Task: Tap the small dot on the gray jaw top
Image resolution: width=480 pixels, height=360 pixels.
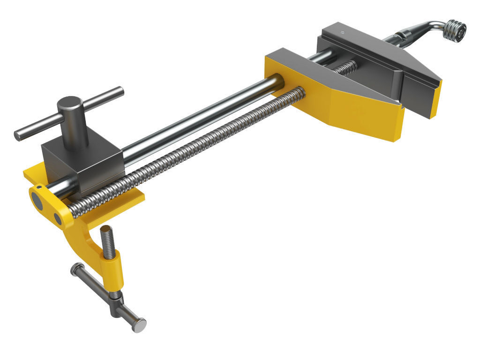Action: click(x=343, y=33)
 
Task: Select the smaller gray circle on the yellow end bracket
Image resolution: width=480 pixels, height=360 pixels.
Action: click(x=58, y=218)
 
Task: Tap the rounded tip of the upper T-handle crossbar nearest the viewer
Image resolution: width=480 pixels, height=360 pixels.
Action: click(x=18, y=135)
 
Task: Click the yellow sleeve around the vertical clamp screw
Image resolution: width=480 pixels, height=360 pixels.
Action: click(x=114, y=270)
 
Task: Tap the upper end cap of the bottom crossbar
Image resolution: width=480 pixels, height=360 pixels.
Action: click(x=75, y=268)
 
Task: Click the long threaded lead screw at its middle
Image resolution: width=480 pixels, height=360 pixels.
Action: click(x=187, y=150)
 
